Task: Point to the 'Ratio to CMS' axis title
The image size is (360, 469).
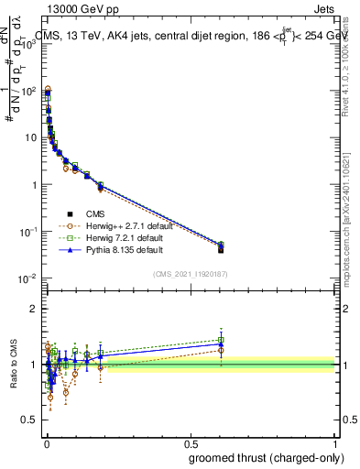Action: (x=14, y=365)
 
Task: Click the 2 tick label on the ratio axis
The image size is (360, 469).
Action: (x=35, y=309)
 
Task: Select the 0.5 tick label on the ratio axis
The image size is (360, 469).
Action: (x=31, y=420)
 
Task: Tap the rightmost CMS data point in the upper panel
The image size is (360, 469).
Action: (x=221, y=249)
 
